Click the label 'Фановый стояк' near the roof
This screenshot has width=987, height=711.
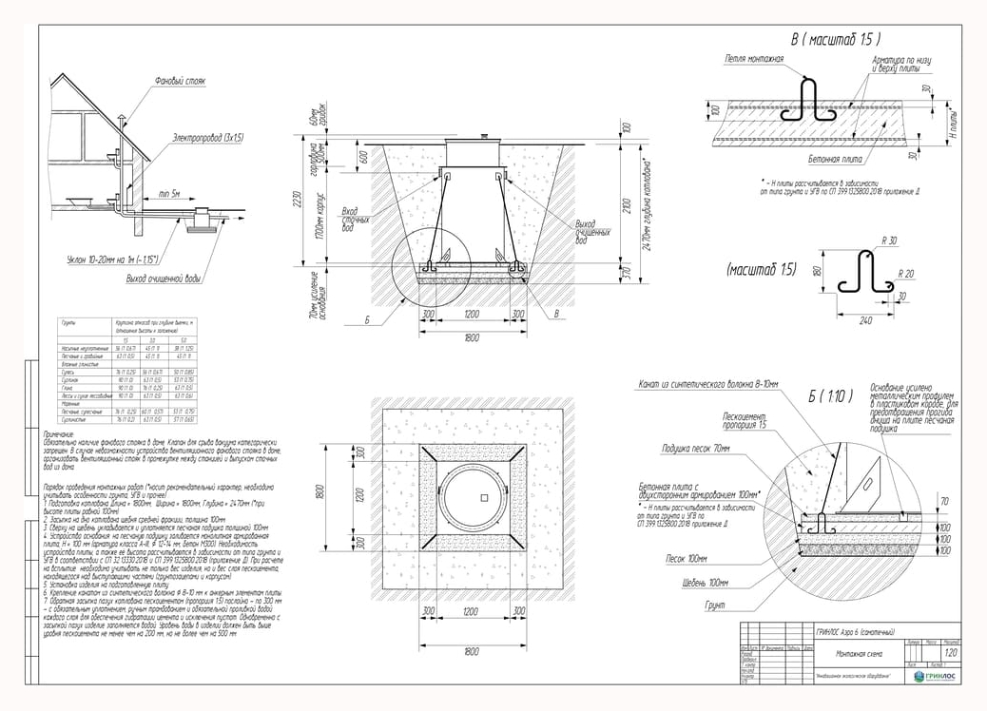[x=180, y=82]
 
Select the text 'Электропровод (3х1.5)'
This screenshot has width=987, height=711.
[x=208, y=138]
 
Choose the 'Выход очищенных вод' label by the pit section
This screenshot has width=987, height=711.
[x=591, y=228]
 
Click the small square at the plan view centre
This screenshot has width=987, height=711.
[x=482, y=497]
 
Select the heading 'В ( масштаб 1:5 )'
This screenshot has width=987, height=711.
[x=835, y=39]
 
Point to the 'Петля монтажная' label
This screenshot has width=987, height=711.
[x=754, y=59]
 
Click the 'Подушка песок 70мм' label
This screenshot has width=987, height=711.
[x=697, y=447]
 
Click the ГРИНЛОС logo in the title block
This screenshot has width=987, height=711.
[x=936, y=676]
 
